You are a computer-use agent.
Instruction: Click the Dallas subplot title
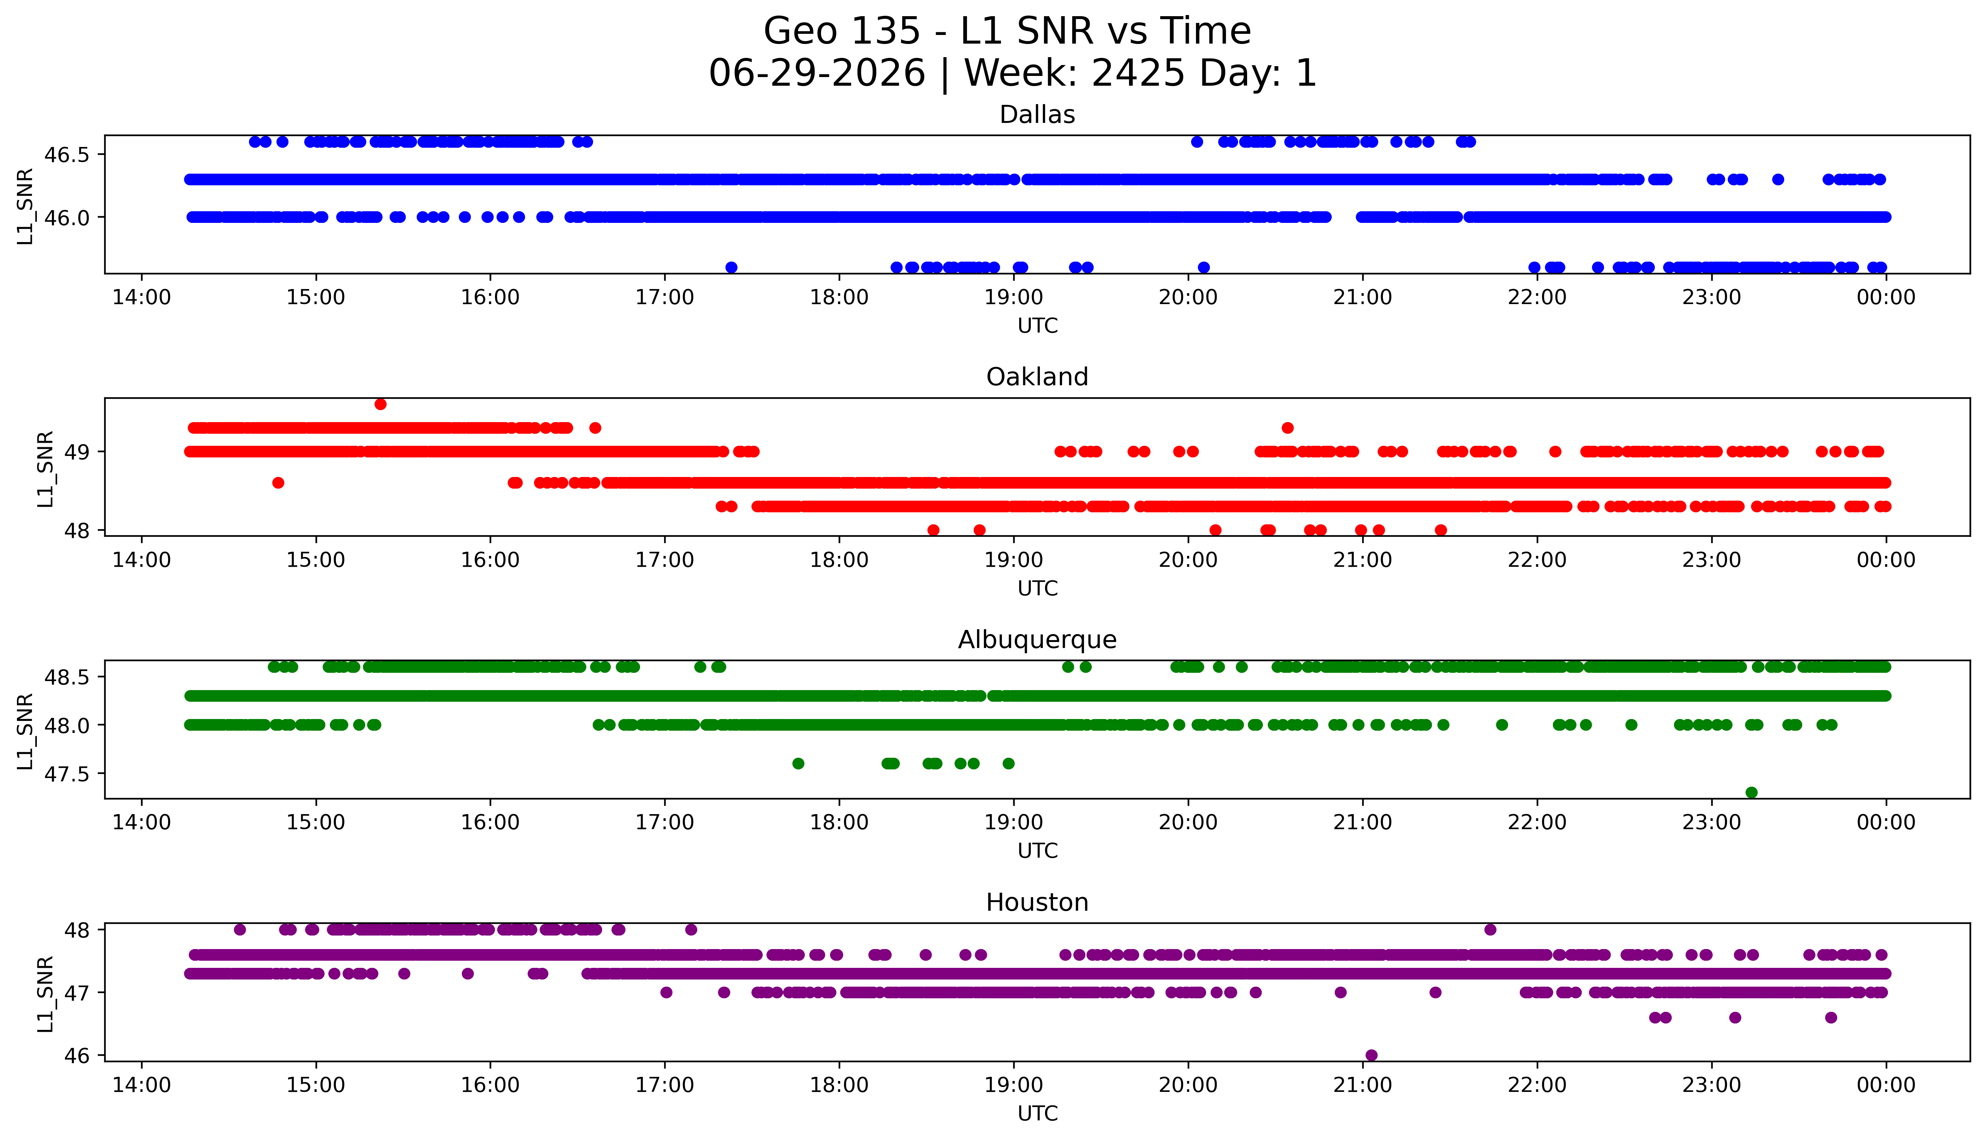1037,115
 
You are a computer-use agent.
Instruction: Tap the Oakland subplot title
1037,377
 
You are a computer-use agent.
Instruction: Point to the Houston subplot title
1037,903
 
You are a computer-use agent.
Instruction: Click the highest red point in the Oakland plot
381,404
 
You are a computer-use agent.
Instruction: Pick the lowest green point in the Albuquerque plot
1751,792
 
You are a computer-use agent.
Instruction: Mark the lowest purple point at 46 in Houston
1371,1055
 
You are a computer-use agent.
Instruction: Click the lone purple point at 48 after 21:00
1490,930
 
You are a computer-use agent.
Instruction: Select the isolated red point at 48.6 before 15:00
278,482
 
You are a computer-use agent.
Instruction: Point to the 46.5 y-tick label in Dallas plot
67,155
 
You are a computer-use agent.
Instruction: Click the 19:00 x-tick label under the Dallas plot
1014,298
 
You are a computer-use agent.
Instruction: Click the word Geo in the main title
793,31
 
